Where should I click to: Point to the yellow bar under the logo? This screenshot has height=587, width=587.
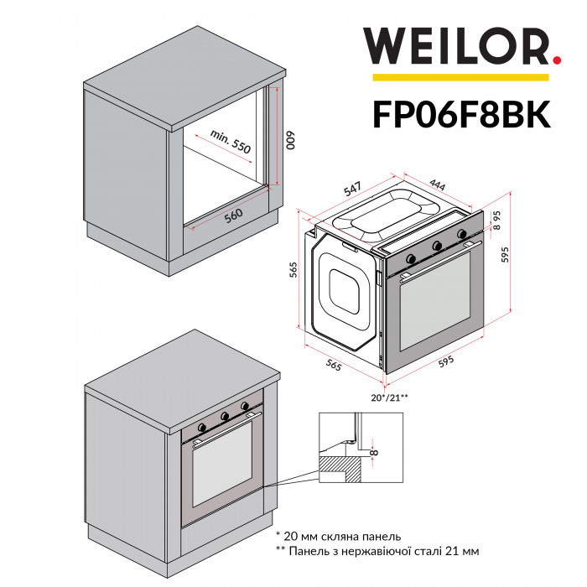pyautogui.click(x=460, y=78)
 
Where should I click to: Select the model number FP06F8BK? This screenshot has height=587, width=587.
pyautogui.click(x=460, y=114)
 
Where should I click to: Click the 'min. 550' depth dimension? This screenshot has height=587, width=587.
pyautogui.click(x=231, y=142)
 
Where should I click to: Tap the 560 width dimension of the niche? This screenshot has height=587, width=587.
pyautogui.click(x=234, y=216)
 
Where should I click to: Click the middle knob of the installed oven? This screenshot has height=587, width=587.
pyautogui.click(x=225, y=415)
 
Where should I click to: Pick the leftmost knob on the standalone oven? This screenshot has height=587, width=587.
pyautogui.click(x=412, y=250)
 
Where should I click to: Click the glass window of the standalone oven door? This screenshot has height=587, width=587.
pyautogui.click(x=436, y=310)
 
